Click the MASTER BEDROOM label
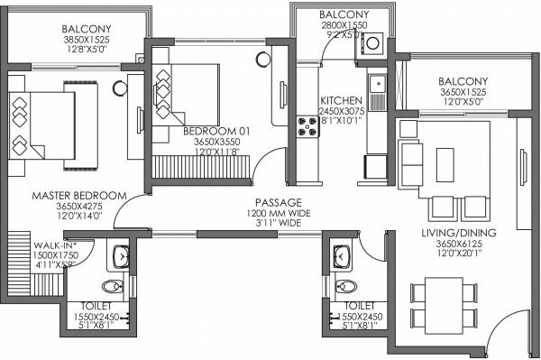tap(66, 195)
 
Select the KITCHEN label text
tap(341, 100)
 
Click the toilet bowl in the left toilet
tap(111, 287)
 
